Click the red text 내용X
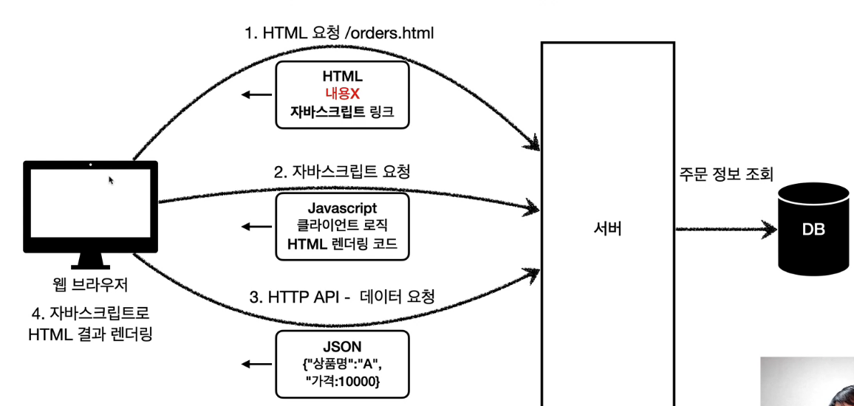click(x=342, y=94)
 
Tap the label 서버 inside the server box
click(x=607, y=230)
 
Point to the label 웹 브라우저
click(x=90, y=286)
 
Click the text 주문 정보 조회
click(x=725, y=175)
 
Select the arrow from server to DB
click(x=724, y=230)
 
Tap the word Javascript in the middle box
click(x=342, y=209)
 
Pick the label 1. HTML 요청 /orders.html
click(x=339, y=33)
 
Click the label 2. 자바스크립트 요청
click(x=342, y=171)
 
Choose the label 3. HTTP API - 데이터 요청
click(x=342, y=297)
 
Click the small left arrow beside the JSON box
click(x=256, y=364)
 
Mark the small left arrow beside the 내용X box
click(x=256, y=94)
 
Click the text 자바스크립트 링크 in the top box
click(x=342, y=111)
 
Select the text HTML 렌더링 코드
click(x=342, y=244)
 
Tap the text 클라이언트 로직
click(x=342, y=227)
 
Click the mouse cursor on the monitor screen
click(x=112, y=179)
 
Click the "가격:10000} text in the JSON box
click(x=342, y=382)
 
